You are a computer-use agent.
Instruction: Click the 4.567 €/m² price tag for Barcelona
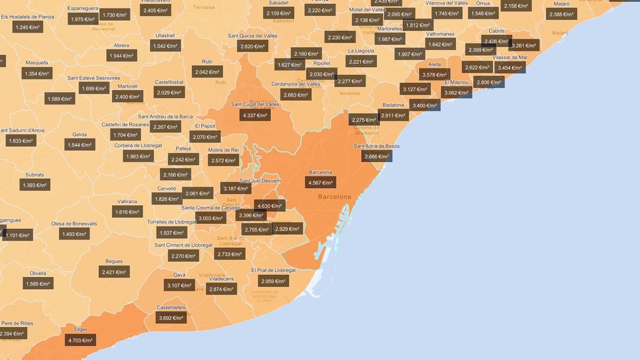pyautogui.click(x=321, y=183)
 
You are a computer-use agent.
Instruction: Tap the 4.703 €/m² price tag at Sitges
pyautogui.click(x=81, y=340)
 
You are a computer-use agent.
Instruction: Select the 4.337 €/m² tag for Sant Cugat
pyautogui.click(x=255, y=115)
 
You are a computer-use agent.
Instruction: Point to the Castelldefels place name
pyautogui.click(x=171, y=308)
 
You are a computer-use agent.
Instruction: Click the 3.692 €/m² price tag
pyautogui.click(x=171, y=318)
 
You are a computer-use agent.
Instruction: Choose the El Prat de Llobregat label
pyautogui.click(x=274, y=270)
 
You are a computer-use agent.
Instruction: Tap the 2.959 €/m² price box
pyautogui.click(x=274, y=281)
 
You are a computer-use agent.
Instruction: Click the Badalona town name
pyautogui.click(x=394, y=105)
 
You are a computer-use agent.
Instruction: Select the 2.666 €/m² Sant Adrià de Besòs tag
pyautogui.click(x=377, y=156)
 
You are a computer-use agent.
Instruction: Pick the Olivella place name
pyautogui.click(x=38, y=273)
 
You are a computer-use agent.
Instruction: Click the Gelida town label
pyautogui.click(x=79, y=134)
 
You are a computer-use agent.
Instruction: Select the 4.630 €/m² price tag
pyautogui.click(x=269, y=206)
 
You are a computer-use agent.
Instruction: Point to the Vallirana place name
pyautogui.click(x=127, y=202)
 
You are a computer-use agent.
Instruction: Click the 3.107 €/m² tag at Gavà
pyautogui.click(x=179, y=285)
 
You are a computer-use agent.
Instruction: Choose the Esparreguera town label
pyautogui.click(x=83, y=9)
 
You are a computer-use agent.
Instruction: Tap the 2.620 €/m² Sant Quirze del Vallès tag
pyautogui.click(x=252, y=46)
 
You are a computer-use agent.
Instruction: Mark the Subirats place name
pyautogui.click(x=35, y=175)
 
